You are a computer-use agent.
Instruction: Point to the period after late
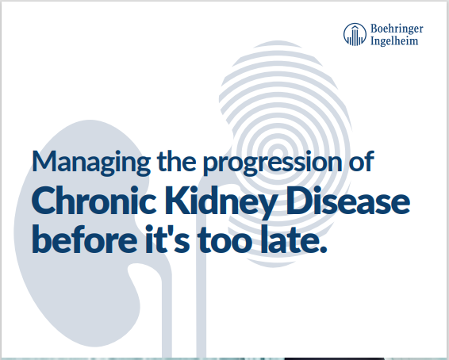click(322, 250)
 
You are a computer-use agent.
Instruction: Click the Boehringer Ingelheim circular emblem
click(355, 34)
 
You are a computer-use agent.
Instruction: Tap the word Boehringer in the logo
click(397, 28)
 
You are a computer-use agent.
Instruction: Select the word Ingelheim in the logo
click(393, 41)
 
